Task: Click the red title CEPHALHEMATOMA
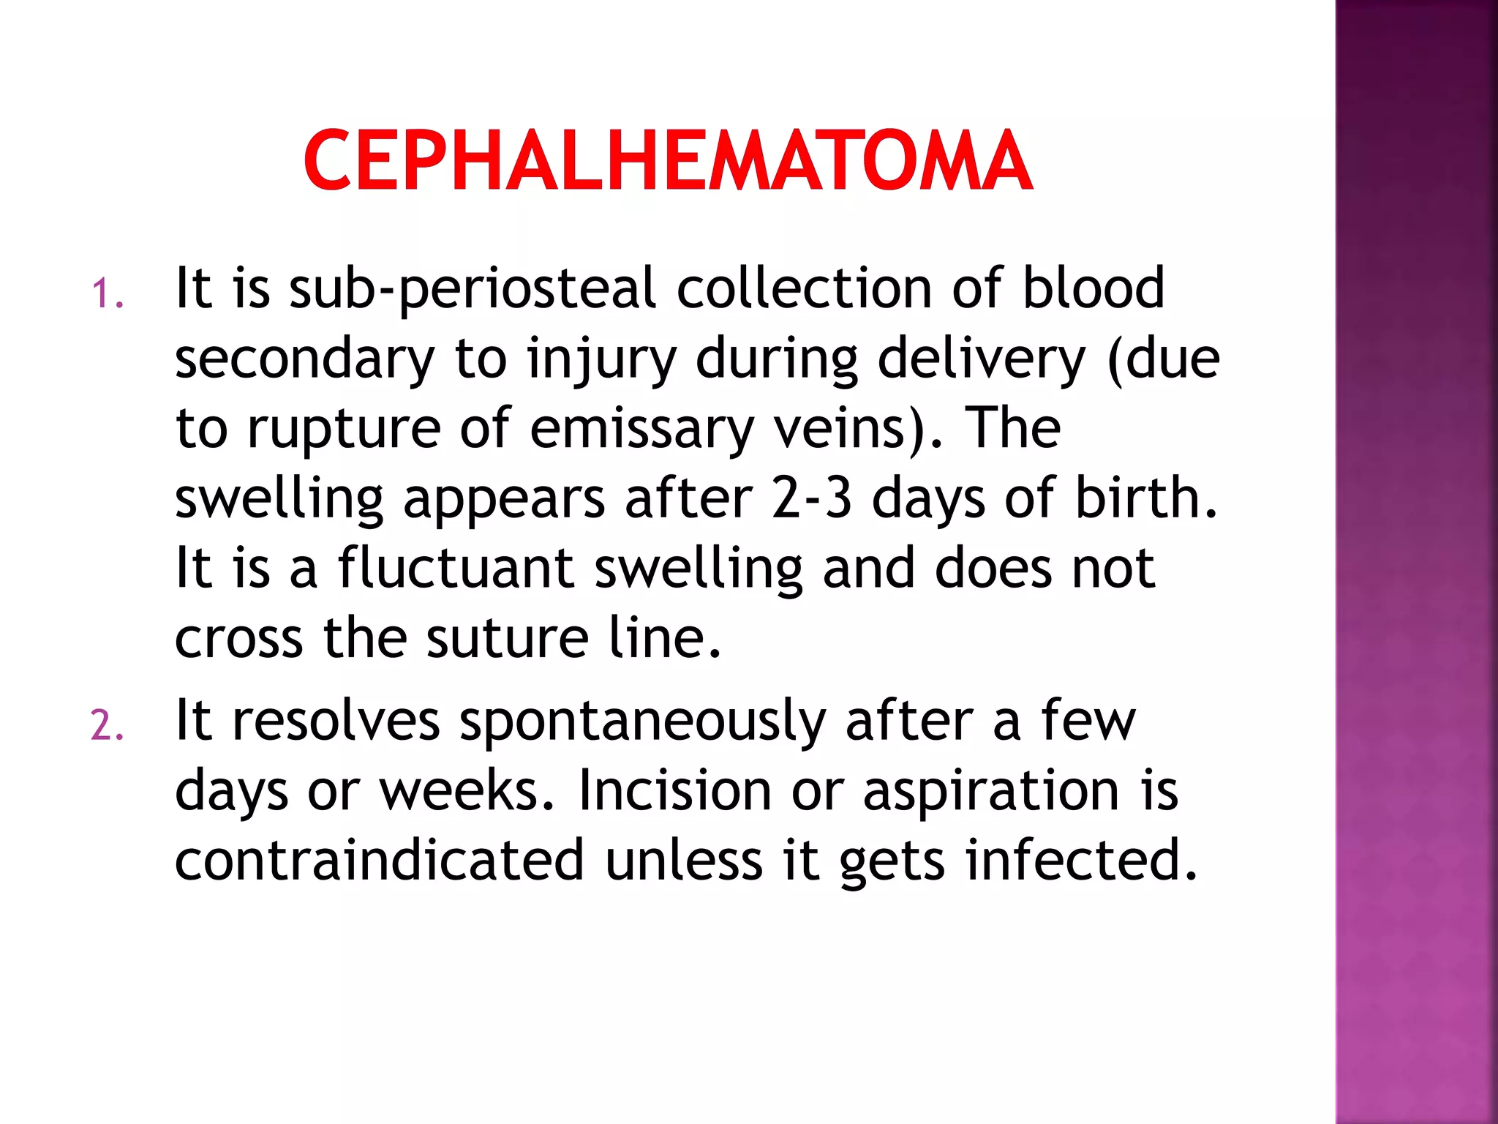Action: click(x=668, y=161)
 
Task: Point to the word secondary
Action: click(x=305, y=361)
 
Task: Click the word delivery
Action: click(x=982, y=361)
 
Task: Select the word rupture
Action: click(x=344, y=430)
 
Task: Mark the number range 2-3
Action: click(x=812, y=499)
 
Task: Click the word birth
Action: click(x=1146, y=499)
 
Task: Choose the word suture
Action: click(x=508, y=639)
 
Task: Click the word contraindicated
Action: click(x=379, y=861)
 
